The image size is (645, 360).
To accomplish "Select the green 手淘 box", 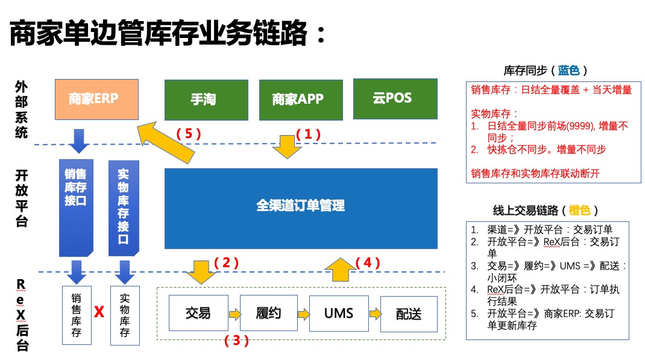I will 206,100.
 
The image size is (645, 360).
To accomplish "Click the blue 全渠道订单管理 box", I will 301,208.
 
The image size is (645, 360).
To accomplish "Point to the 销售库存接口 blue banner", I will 76,205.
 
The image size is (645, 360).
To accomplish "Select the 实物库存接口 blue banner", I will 124,205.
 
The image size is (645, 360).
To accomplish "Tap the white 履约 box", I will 268,313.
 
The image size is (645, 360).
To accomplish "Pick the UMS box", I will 338,313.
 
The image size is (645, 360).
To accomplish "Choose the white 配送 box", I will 408,314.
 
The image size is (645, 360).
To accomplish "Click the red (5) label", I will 187,134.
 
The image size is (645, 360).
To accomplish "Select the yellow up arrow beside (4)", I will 342,269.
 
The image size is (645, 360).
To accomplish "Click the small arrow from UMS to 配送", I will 375,314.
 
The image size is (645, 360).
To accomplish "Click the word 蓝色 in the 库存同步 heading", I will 568,71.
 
